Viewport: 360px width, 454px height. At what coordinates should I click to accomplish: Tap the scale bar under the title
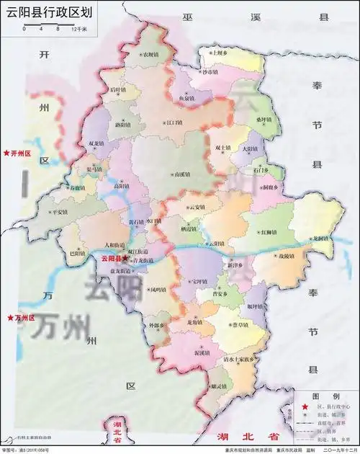[x=55, y=30]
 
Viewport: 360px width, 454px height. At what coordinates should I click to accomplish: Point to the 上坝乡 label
[x=218, y=53]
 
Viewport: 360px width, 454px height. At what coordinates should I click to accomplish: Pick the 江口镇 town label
[x=175, y=123]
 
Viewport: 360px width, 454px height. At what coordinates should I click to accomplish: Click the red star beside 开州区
[x=6, y=153]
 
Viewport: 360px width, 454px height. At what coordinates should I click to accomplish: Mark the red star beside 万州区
[x=9, y=318]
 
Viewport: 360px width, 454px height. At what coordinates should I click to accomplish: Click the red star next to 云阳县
[x=125, y=257]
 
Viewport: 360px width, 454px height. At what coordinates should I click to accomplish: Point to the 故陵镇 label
[x=286, y=257]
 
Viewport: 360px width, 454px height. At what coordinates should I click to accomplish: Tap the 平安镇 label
[x=58, y=212]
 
